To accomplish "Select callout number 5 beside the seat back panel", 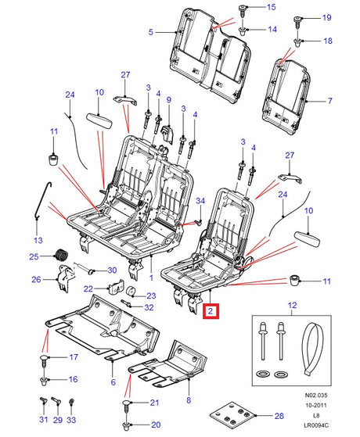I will point(150,32).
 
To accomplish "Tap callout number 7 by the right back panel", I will point(330,101).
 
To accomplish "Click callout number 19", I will point(327,16).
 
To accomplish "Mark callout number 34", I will point(200,201).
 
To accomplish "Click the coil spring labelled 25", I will point(59,256).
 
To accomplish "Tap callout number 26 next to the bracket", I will point(35,279).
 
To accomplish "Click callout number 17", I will point(74,357).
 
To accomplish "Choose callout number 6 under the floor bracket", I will point(113,383).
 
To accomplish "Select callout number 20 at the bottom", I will point(154,424).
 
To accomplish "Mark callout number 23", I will point(152,295).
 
